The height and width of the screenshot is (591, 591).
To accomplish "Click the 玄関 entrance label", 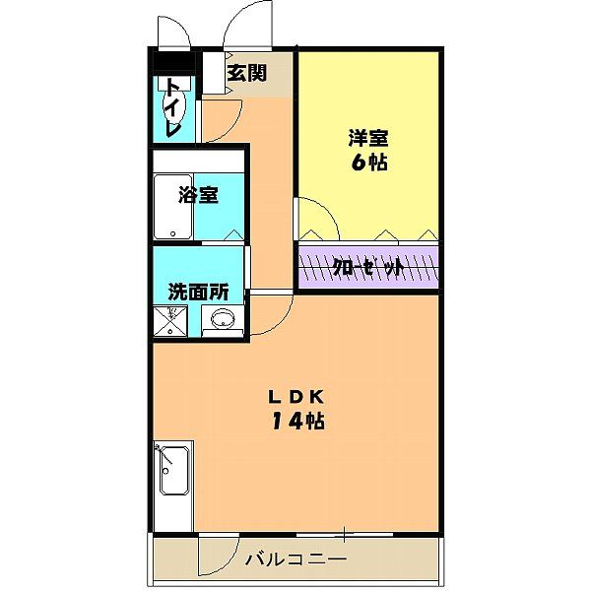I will point(246,72).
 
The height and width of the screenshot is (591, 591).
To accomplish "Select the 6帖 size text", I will point(367,163).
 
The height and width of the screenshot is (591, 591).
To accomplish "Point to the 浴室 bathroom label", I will point(198,194).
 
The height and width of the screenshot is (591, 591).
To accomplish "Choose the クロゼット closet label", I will point(367,267).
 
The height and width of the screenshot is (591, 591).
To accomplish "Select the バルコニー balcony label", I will point(295,560).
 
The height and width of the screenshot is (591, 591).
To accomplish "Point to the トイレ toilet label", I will point(173,107).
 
